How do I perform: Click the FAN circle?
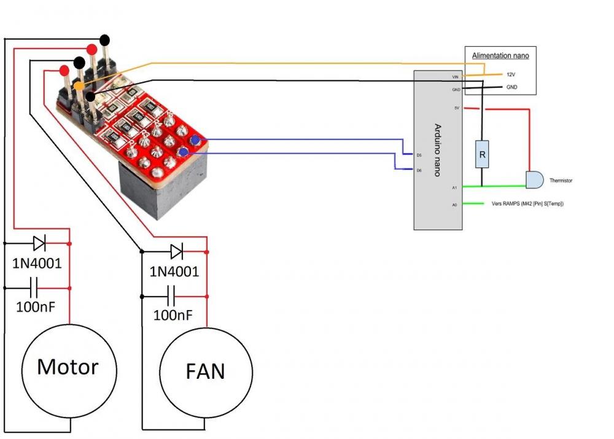tap(206, 371)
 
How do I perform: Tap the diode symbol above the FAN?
tap(176, 251)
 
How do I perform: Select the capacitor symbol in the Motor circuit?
tap(34, 287)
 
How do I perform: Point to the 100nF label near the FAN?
tap(173, 315)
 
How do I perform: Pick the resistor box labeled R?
tap(482, 155)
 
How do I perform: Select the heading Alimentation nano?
tap(500, 56)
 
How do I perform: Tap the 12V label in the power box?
tap(510, 74)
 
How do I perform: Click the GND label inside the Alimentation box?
tap(511, 87)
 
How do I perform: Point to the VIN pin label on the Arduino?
tap(455, 76)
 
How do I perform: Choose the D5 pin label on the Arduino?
tap(419, 155)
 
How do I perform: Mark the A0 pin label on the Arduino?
tap(455, 204)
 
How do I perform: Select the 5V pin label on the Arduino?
tap(456, 108)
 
